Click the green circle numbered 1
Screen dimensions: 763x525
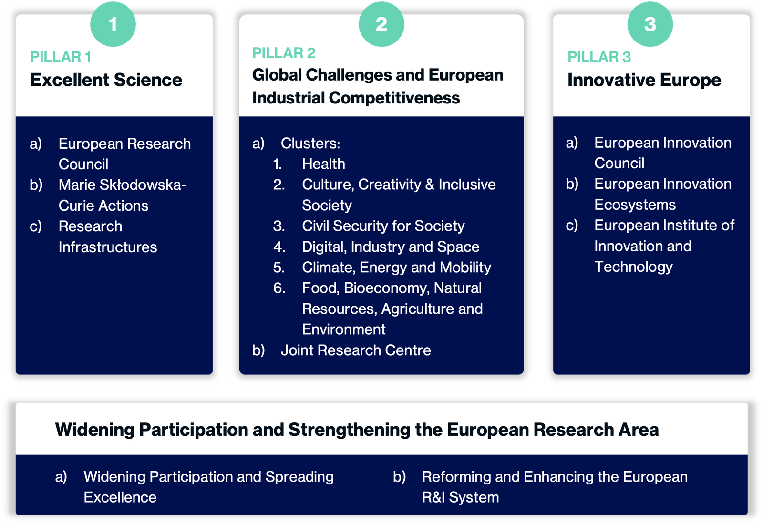coord(113,24)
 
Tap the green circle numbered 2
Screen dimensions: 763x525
coord(381,24)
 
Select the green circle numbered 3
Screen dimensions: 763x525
coord(650,24)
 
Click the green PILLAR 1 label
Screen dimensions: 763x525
coord(61,57)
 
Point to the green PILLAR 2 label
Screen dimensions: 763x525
coord(284,53)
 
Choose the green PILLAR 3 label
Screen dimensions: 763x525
coord(599,57)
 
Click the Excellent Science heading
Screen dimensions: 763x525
coord(106,80)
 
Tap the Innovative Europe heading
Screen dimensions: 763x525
coord(644,81)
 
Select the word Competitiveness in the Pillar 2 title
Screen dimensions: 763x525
coord(394,98)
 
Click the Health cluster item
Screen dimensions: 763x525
coord(324,164)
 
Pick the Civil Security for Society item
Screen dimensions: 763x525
coord(383,226)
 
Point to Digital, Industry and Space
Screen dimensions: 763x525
coord(391,247)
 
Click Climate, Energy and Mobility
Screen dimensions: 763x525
coord(396,268)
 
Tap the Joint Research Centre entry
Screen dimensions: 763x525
coord(356,350)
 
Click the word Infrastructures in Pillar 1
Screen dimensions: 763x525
coord(108,247)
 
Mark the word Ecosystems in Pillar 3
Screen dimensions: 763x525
coord(635,205)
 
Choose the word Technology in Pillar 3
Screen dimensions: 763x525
coord(634,267)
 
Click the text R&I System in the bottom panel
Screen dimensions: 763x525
coord(461,497)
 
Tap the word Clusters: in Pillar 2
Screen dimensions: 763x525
coord(310,144)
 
